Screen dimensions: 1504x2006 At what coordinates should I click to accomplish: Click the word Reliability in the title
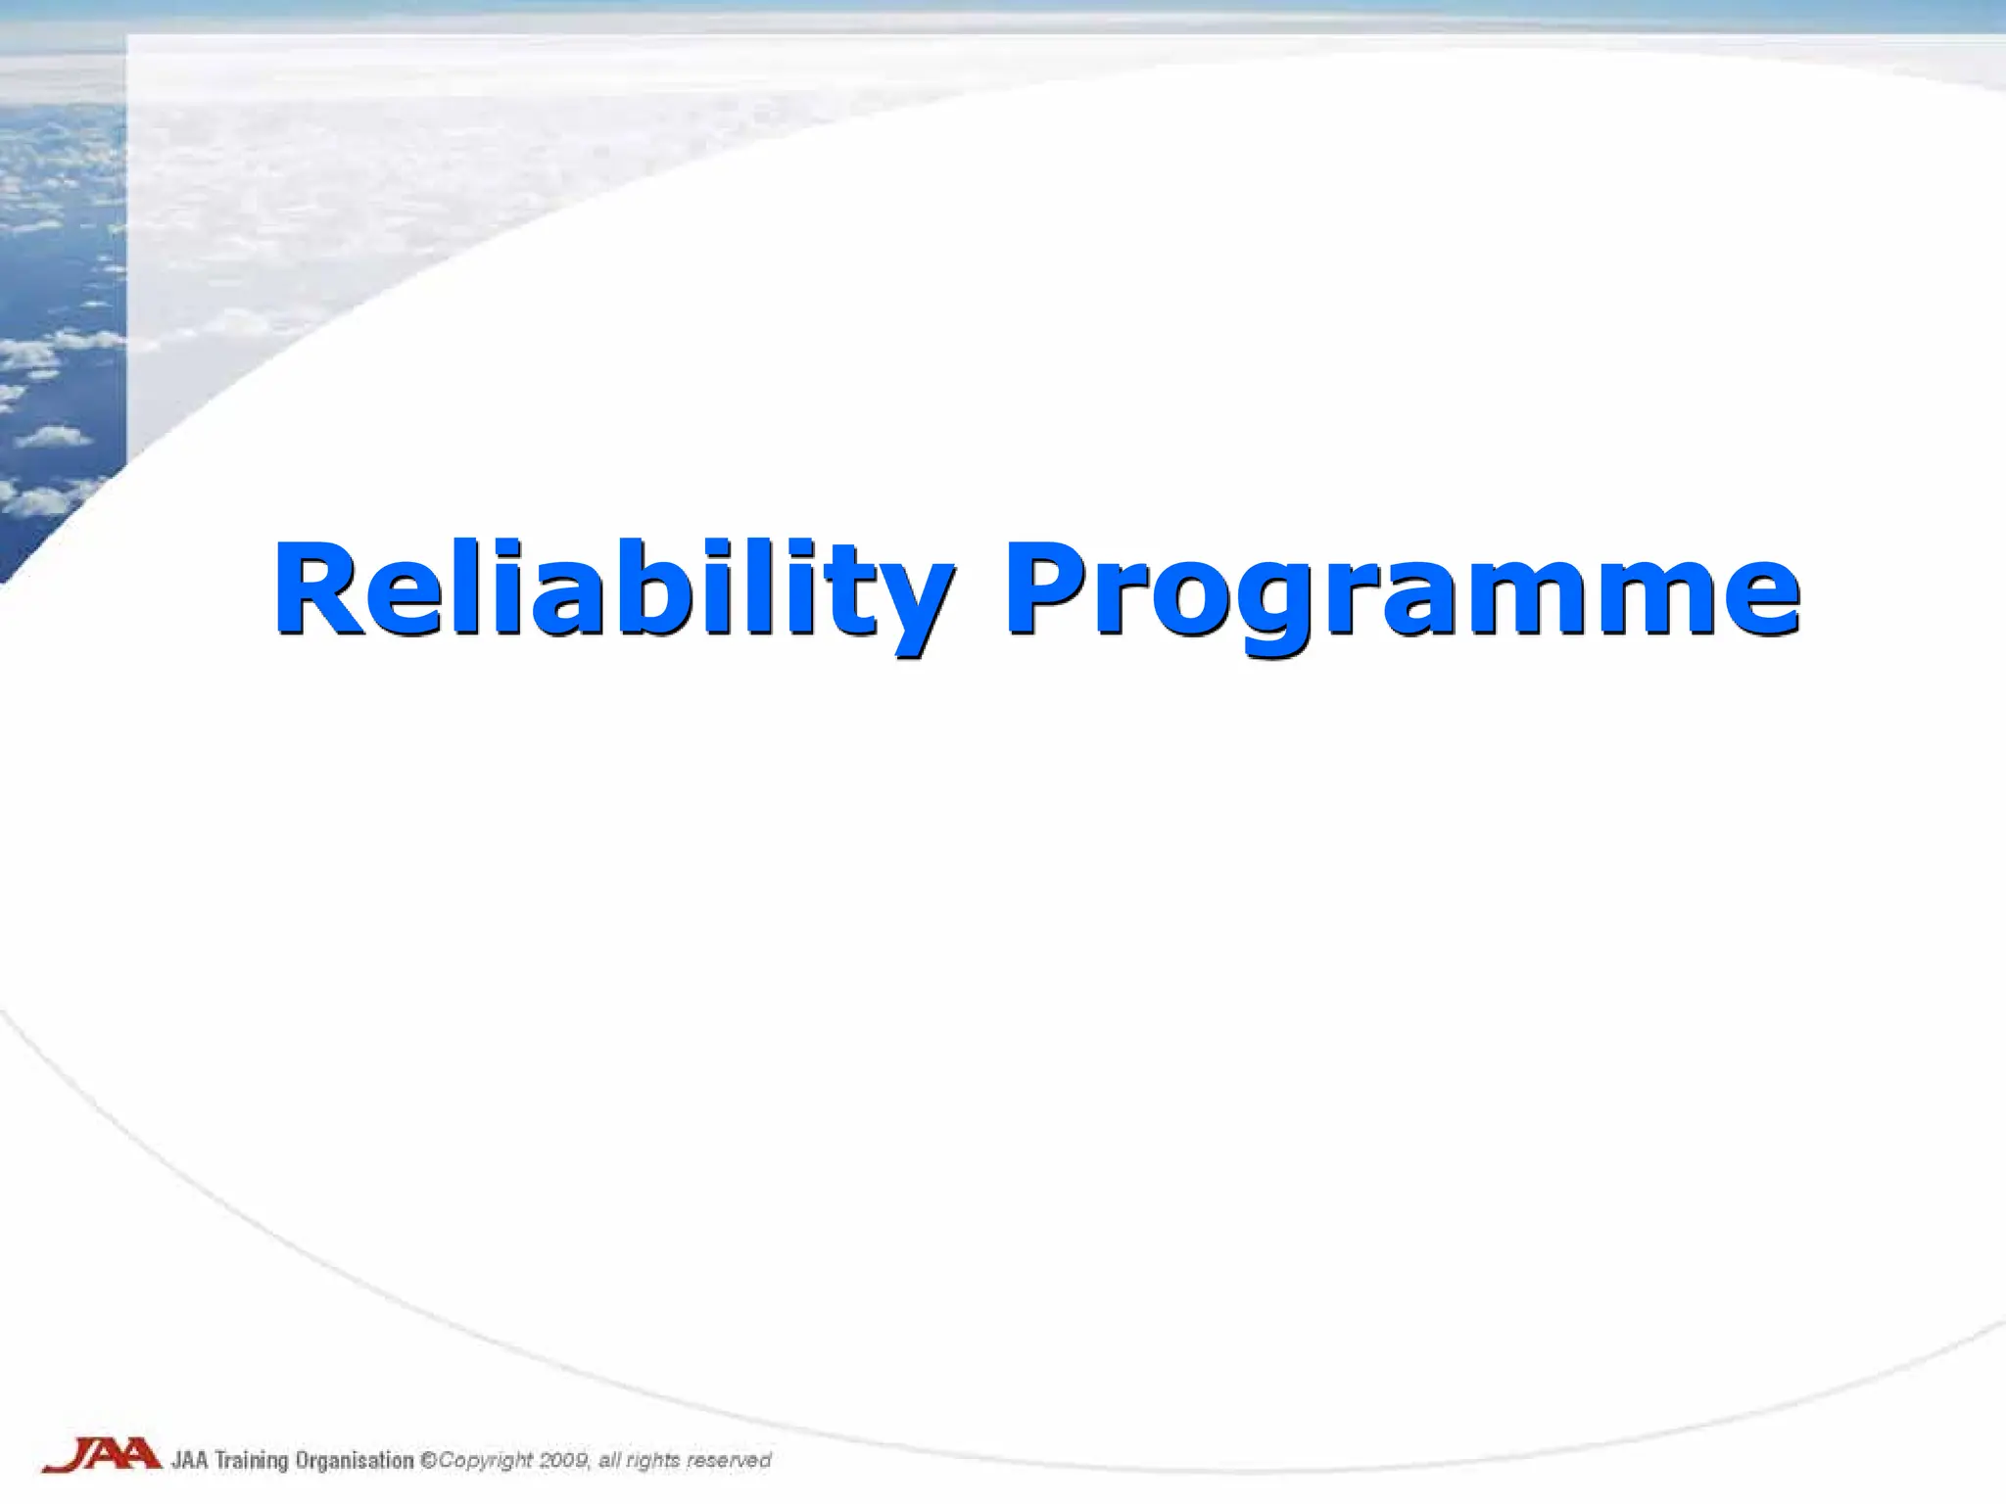point(612,592)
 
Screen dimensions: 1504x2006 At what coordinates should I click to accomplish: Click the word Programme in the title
point(1401,592)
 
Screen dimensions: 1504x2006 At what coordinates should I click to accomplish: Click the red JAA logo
point(102,1455)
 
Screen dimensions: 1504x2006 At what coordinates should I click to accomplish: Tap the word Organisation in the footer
point(355,1461)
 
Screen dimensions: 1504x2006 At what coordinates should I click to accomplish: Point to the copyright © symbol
point(428,1460)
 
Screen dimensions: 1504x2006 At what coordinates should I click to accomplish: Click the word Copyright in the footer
point(486,1461)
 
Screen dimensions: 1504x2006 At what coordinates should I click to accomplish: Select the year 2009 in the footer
point(565,1460)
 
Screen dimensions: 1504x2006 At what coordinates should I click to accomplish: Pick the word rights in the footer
point(652,1461)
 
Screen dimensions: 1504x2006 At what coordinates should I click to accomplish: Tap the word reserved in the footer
point(729,1460)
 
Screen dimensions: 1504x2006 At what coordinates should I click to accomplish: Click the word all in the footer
point(608,1460)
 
